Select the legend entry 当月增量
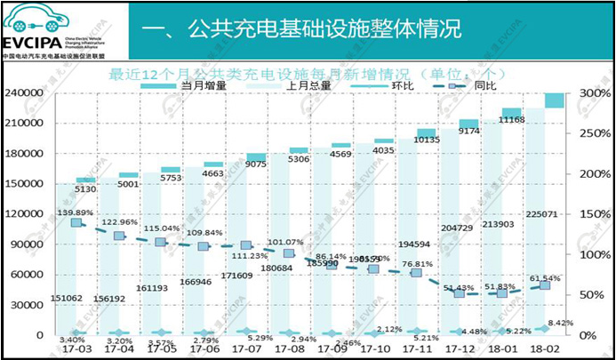click(204, 85)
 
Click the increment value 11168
click(511, 119)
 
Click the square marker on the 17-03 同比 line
click(76, 223)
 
